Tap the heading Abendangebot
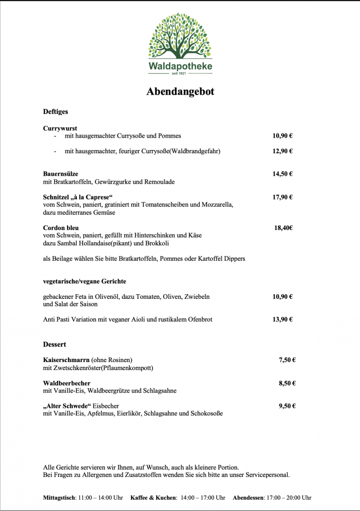(x=180, y=91)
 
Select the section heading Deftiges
(x=55, y=112)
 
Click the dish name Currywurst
(x=60, y=128)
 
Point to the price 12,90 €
(x=283, y=151)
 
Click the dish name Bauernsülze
(x=61, y=174)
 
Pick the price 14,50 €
(x=283, y=174)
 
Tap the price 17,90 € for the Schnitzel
(x=283, y=197)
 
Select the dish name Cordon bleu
(x=61, y=228)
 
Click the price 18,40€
(x=284, y=228)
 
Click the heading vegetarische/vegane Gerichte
(x=84, y=281)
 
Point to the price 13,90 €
(x=283, y=319)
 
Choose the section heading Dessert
(x=54, y=344)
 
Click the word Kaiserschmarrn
(x=66, y=360)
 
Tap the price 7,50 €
(x=287, y=360)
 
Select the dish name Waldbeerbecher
(x=67, y=383)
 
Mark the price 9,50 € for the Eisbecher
(x=287, y=406)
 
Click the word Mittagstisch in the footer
(x=59, y=497)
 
